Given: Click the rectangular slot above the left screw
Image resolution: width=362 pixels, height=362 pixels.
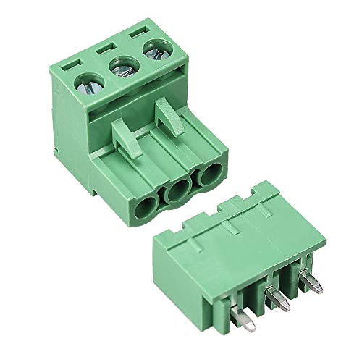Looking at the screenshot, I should click(70, 63).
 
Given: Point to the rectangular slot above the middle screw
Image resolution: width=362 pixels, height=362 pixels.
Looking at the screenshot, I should click(104, 49).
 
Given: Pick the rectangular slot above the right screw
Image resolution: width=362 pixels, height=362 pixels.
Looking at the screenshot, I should click(138, 35).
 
